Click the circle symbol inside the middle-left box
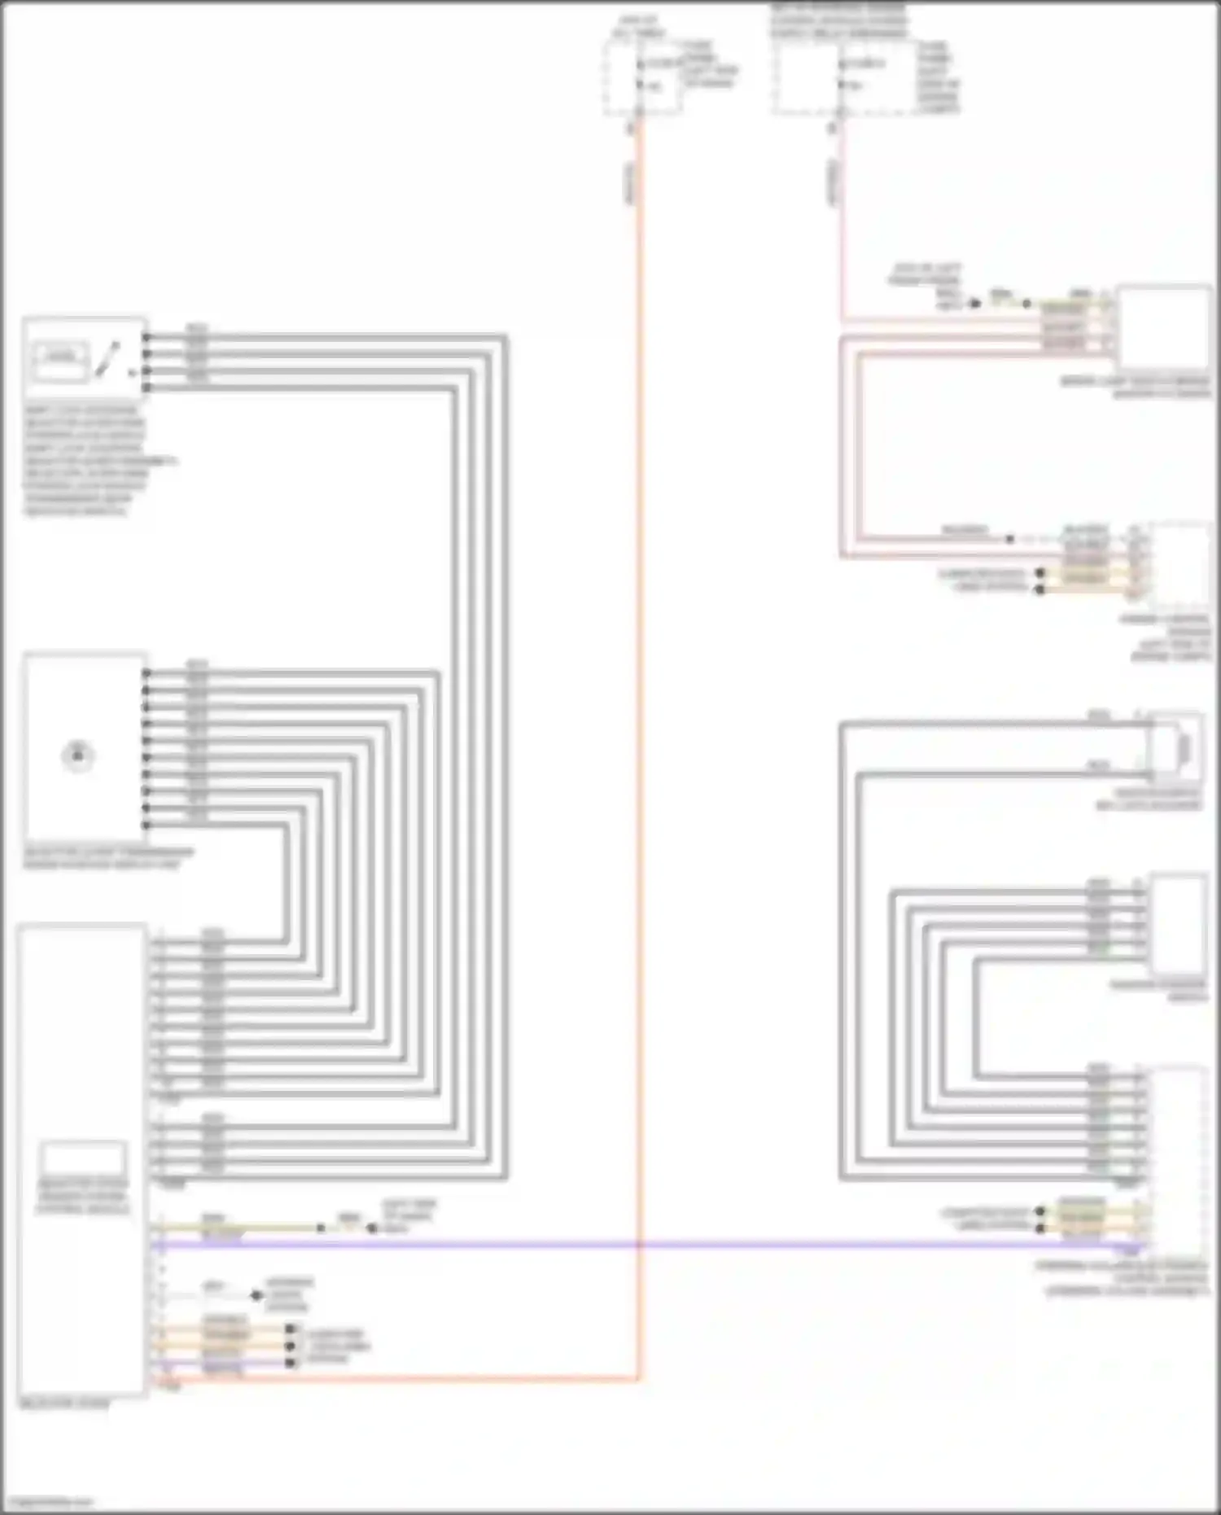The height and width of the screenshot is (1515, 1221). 78,755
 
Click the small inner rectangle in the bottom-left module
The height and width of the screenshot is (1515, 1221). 84,1157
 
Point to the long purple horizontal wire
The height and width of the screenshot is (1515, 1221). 651,1245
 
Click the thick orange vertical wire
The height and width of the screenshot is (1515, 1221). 639,733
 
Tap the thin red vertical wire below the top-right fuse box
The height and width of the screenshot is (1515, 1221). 842,244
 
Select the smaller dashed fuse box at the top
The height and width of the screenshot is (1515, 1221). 643,77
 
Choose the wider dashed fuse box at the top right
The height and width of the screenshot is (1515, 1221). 847,77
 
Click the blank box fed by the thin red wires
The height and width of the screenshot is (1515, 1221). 1162,327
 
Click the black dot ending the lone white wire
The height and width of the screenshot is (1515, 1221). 256,1294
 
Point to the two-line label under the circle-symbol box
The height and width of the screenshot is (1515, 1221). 108,858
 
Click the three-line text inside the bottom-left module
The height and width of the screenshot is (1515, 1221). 82,1196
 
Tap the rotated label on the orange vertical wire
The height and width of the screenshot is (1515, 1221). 630,182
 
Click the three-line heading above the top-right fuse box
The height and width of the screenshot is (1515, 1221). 838,21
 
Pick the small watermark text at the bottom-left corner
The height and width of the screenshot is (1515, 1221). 47,1501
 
